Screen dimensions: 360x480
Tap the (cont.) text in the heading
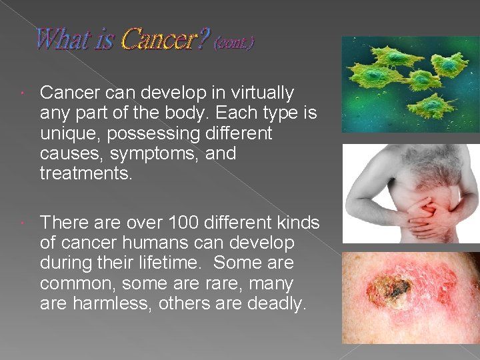pos(233,43)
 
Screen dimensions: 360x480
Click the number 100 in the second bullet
pos(184,223)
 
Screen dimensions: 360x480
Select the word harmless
pos(110,305)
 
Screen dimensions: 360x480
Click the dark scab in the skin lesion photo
pos(397,288)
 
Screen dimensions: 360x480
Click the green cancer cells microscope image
pos(410,84)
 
